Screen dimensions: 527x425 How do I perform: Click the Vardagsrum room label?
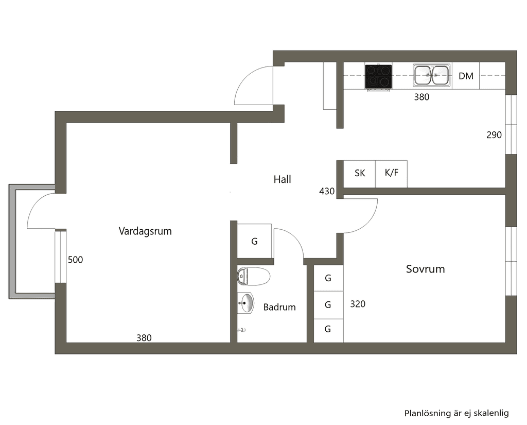coord(145,231)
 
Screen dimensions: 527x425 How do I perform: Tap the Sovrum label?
coord(426,269)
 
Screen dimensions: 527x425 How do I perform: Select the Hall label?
coord(283,179)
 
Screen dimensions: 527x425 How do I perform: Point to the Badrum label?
coord(279,307)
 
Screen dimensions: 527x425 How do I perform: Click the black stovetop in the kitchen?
coord(378,77)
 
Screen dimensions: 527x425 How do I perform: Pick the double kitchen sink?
coord(432,75)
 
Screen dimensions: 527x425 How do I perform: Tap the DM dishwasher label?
coord(466,76)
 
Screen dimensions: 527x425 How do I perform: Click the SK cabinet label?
coord(360,173)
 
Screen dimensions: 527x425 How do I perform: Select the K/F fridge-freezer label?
coord(392,173)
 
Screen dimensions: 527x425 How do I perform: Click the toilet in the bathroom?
coord(254,276)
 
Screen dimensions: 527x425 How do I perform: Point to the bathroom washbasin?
coord(245,303)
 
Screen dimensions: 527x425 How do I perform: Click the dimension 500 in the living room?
coord(75,260)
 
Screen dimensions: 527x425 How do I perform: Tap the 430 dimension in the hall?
coord(327,192)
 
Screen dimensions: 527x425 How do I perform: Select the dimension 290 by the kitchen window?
coord(494,135)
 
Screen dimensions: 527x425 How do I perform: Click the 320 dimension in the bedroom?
coord(358,304)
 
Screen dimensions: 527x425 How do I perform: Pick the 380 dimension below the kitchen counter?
coord(422,97)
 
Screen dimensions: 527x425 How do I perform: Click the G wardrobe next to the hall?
coord(254,241)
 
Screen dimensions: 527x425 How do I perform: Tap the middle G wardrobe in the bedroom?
coord(328,305)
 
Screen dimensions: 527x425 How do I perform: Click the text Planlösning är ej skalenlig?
coord(456,413)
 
